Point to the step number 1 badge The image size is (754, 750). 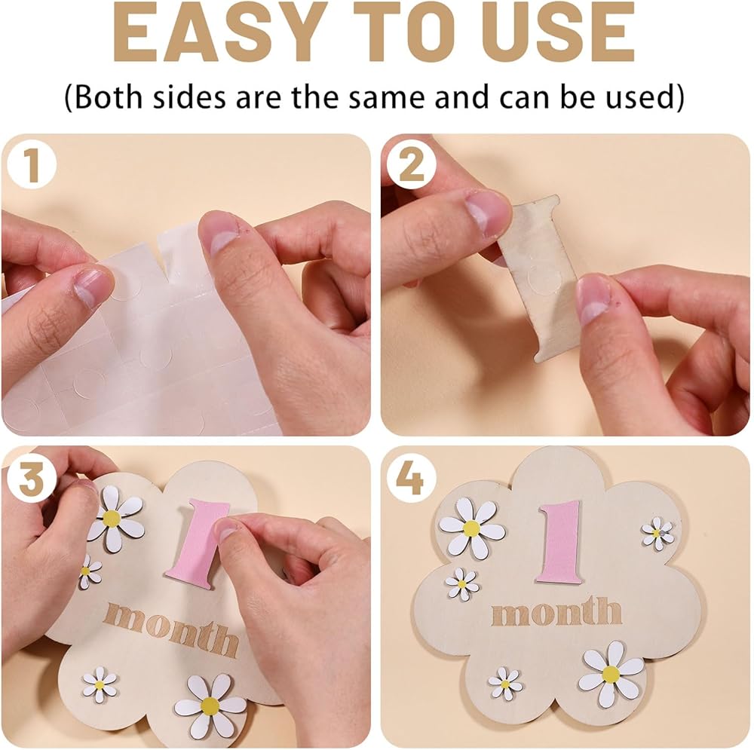coord(31,165)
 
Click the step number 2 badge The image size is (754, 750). coord(411,165)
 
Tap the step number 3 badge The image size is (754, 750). coord(31,479)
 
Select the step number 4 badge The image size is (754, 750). coord(411,479)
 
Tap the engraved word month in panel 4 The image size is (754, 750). coord(556,611)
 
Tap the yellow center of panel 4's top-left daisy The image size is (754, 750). coord(471,528)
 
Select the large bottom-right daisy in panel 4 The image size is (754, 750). coord(611,673)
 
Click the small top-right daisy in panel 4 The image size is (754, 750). coord(657,533)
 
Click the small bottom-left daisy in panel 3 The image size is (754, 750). coord(100,684)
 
